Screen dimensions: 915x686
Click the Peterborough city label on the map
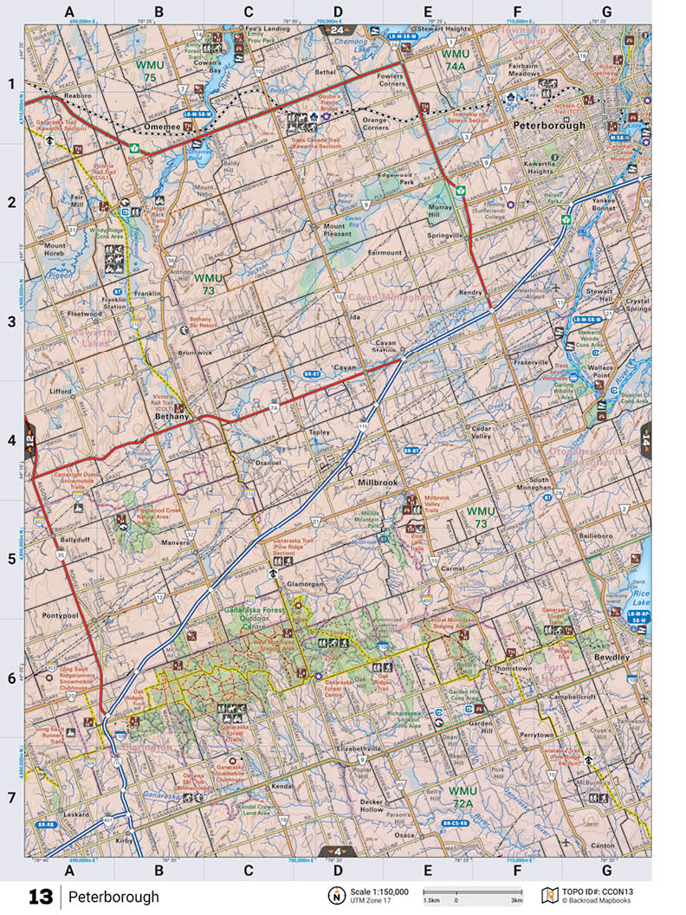click(549, 125)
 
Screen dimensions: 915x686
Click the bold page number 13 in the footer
click(40, 896)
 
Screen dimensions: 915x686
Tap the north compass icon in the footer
click(333, 896)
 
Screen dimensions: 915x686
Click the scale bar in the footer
click(472, 892)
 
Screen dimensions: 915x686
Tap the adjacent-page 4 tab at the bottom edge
click(336, 851)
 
